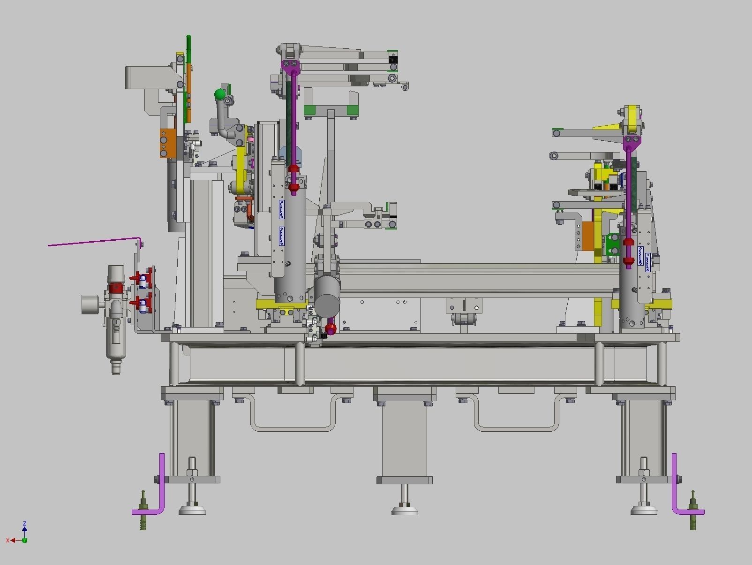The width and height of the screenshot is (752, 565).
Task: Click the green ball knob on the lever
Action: pyautogui.click(x=219, y=95)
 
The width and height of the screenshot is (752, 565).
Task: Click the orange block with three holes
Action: pyautogui.click(x=167, y=143)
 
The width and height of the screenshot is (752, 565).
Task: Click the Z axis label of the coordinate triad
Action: pyautogui.click(x=24, y=523)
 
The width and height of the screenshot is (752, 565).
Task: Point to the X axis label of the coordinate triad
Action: pyautogui.click(x=8, y=541)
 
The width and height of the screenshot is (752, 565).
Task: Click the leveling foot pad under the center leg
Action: pyautogui.click(x=404, y=510)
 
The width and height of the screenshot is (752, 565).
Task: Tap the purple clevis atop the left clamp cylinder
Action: pyautogui.click(x=290, y=65)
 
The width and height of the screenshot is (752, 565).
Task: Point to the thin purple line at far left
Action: pyautogui.click(x=94, y=242)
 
